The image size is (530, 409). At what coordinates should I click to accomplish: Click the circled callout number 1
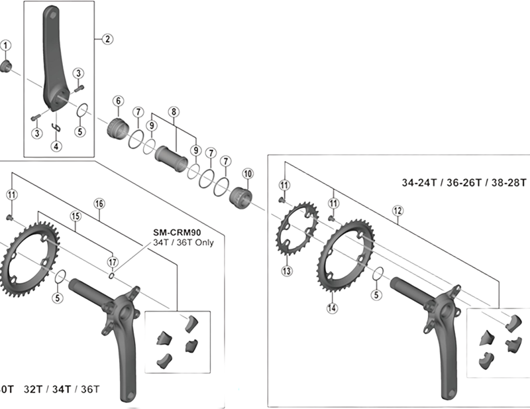click(6, 45)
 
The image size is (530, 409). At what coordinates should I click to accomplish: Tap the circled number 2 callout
click(106, 38)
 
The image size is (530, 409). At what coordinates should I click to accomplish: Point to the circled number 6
click(118, 101)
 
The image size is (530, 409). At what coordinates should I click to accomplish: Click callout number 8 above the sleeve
click(175, 112)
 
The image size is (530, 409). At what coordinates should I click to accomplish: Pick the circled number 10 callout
click(248, 173)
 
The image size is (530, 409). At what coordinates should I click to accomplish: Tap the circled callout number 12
click(397, 211)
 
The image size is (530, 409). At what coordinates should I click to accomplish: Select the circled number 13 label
click(287, 270)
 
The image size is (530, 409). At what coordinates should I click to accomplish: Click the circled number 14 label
click(332, 307)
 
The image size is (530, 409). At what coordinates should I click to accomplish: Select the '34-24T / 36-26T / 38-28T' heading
click(464, 182)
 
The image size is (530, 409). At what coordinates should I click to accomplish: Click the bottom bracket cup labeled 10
click(240, 197)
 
